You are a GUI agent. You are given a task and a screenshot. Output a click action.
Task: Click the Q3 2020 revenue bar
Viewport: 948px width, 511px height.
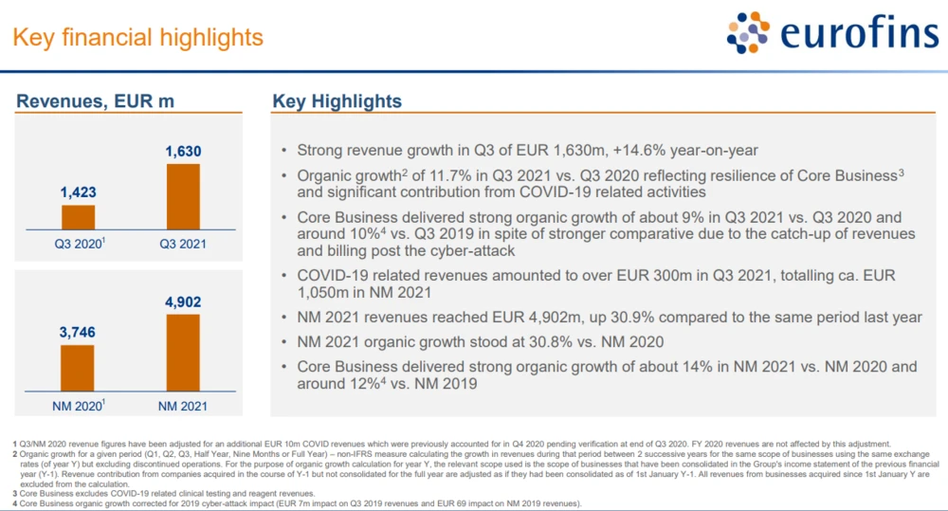point(79,217)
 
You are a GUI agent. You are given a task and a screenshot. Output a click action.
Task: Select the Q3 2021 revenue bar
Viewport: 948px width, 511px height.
point(184,196)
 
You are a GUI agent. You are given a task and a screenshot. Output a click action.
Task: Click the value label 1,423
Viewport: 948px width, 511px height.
point(79,192)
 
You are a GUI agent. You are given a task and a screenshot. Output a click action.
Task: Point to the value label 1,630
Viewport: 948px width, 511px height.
point(184,152)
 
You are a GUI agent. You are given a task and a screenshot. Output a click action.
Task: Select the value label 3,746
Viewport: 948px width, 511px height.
point(79,333)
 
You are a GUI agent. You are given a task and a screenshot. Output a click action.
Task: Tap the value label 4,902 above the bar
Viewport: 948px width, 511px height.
point(184,302)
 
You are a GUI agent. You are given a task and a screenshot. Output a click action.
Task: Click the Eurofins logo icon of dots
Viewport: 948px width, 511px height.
point(748,33)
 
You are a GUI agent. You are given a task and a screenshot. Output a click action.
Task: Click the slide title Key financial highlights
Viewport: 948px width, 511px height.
point(137,38)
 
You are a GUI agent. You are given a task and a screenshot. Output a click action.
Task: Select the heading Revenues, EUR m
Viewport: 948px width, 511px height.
point(96,102)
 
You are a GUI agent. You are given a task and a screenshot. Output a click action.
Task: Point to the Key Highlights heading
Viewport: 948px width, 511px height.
point(337,101)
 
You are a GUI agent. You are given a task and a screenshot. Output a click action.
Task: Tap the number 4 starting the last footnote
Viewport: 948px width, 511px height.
point(15,502)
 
